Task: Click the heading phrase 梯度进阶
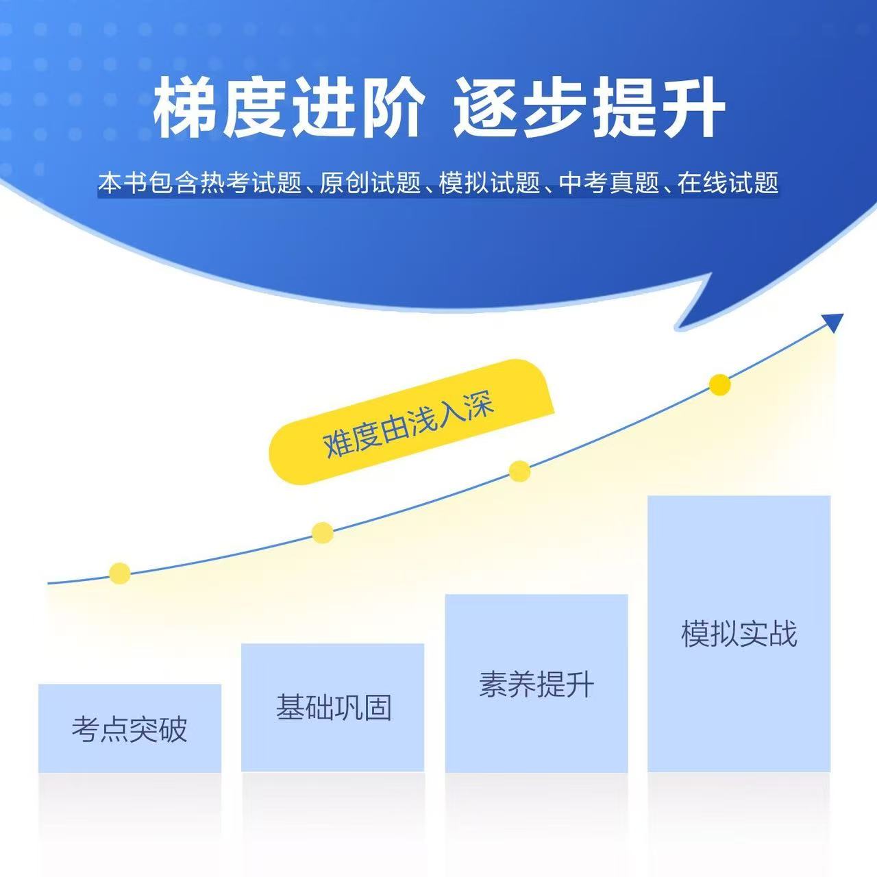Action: (288, 107)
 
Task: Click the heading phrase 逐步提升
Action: (589, 107)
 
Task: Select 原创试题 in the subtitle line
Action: (370, 183)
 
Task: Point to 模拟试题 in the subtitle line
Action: (489, 183)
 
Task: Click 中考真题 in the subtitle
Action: (609, 183)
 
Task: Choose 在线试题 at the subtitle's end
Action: (728, 183)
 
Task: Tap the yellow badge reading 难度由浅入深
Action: (411, 421)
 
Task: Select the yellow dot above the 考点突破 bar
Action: (120, 573)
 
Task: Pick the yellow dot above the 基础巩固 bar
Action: (322, 532)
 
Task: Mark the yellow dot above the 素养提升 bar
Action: (519, 471)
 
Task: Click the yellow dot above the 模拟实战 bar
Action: (719, 384)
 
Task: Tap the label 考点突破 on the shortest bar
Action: (129, 729)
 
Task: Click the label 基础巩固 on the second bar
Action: (334, 707)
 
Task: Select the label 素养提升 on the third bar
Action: (536, 684)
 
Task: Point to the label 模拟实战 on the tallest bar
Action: (739, 634)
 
